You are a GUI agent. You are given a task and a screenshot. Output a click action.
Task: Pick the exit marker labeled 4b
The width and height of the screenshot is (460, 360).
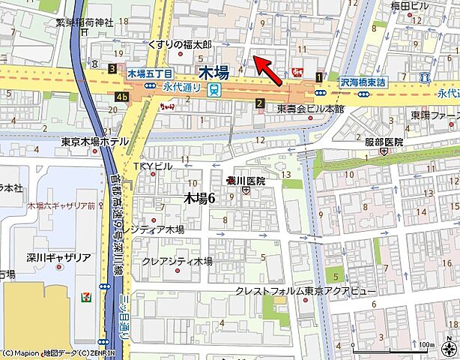pos(121,96)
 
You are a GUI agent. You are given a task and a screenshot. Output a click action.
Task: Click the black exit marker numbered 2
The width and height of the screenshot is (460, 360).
pos(259,103)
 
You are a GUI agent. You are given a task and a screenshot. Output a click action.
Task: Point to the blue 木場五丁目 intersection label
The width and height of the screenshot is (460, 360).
pos(150,74)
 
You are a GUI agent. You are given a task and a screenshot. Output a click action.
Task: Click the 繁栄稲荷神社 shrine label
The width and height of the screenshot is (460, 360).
pos(84,23)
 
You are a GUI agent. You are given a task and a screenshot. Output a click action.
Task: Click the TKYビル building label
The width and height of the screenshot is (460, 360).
pos(153,166)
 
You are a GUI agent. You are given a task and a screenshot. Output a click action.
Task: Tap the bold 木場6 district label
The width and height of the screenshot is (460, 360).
pos(199,198)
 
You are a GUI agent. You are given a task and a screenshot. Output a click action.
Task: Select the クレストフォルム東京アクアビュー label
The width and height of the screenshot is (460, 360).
pos(306,290)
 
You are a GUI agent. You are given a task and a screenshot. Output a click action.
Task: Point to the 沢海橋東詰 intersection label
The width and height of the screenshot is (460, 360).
pos(363,82)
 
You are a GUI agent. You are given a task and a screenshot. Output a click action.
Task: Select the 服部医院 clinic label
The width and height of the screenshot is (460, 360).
pos(384,142)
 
